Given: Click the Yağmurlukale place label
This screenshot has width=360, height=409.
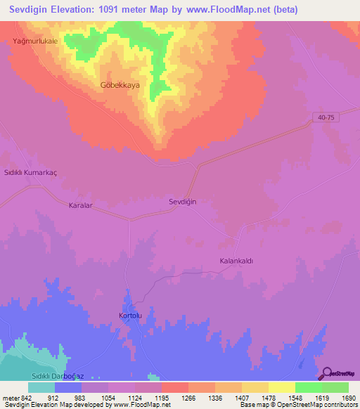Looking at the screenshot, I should point(34,41).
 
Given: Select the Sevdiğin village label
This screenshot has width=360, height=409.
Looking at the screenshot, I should point(182,202).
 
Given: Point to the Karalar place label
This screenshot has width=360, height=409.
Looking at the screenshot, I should point(81,205).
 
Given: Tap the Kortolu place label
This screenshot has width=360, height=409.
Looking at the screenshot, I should point(130,316).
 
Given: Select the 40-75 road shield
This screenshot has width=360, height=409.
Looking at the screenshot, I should point(324,118).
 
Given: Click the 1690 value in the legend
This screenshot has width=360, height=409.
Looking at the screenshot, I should point(348,398).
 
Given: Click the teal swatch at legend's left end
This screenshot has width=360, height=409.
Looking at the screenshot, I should point(41,387).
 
